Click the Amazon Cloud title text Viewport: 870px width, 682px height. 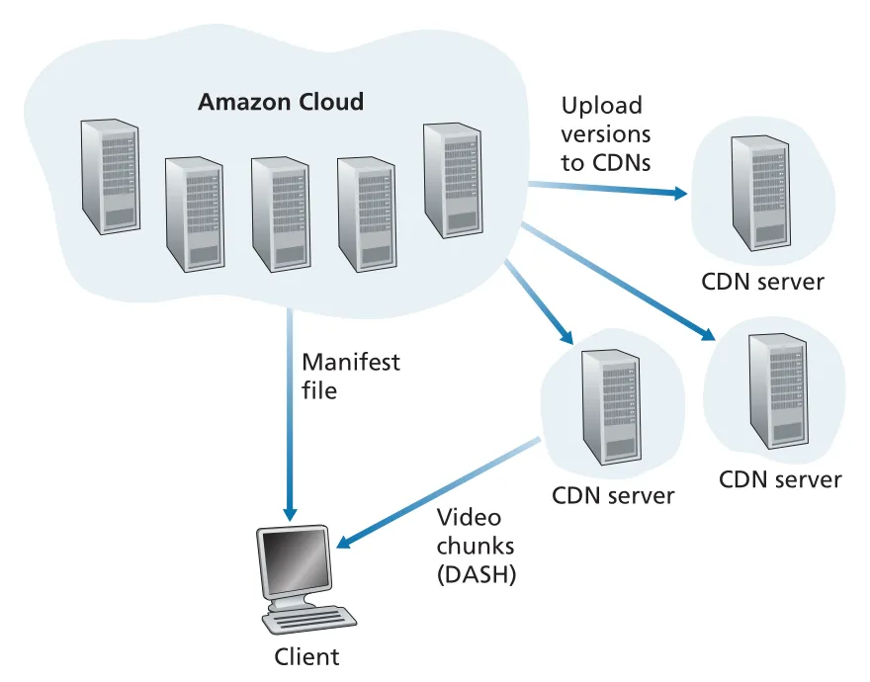coord(281,102)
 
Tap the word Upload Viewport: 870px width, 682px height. coord(601,107)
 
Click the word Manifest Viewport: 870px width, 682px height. coord(351,363)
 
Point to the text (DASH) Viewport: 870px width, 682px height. coord(477,574)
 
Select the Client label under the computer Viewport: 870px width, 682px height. coord(306,656)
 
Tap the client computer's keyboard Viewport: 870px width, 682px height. coord(309,619)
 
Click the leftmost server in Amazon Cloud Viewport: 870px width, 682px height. coord(110,176)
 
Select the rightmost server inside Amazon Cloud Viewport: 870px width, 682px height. coord(452,180)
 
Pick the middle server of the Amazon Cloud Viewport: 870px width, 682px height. coord(280,214)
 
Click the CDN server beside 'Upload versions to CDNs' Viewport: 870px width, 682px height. coord(760,193)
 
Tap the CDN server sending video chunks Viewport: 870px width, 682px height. coord(610,407)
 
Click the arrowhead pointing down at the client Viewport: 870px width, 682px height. coord(290,514)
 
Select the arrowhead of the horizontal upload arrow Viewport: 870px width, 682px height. coord(680,193)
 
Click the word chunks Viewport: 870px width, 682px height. coord(476,546)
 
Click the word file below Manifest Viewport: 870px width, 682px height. coord(319,390)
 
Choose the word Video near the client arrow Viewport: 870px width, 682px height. coord(469,517)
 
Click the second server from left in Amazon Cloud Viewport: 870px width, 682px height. coord(195,214)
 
